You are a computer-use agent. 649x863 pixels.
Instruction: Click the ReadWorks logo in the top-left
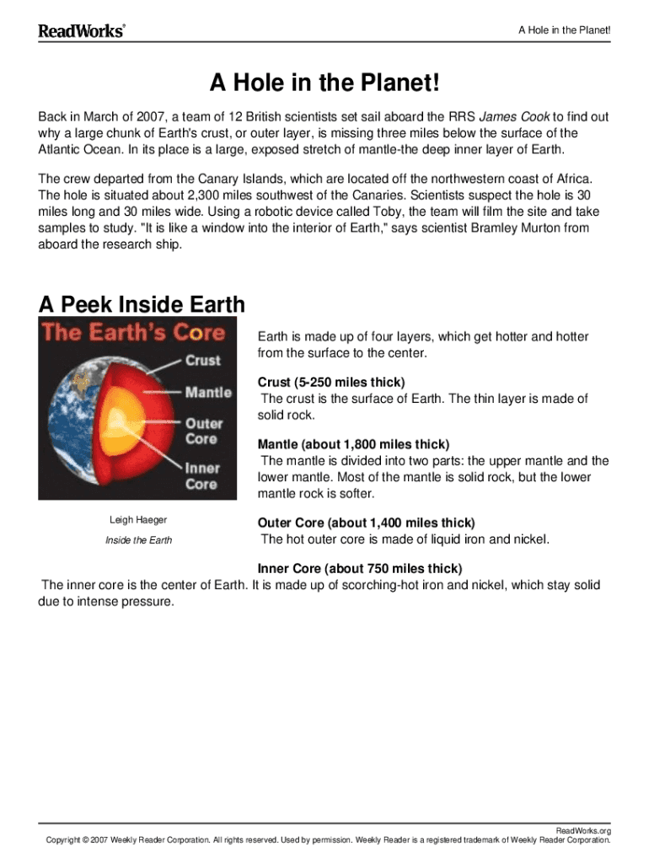tap(82, 31)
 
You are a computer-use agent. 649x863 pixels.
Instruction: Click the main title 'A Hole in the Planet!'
tap(324, 84)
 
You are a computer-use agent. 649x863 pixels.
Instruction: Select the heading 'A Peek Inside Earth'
tap(142, 304)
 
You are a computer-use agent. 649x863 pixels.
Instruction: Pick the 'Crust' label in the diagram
tap(202, 360)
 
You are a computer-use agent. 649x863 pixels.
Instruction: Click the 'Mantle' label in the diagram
tap(208, 392)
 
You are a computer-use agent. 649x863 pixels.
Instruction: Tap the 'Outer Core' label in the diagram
tap(201, 431)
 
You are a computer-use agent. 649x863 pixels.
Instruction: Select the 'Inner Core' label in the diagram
tap(201, 475)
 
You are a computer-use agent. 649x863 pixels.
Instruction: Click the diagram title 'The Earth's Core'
tap(133, 331)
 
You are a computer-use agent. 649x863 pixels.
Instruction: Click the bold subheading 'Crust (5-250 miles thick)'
tap(331, 383)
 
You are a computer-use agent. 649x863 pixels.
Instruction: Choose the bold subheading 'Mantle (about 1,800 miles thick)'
tap(353, 444)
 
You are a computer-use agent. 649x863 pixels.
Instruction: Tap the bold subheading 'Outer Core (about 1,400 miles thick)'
tap(366, 523)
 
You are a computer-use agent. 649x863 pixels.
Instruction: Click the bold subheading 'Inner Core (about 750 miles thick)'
tap(360, 568)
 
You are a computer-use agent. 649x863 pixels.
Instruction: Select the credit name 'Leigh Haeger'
tap(138, 520)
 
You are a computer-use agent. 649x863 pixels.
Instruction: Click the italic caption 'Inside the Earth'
tap(138, 540)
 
